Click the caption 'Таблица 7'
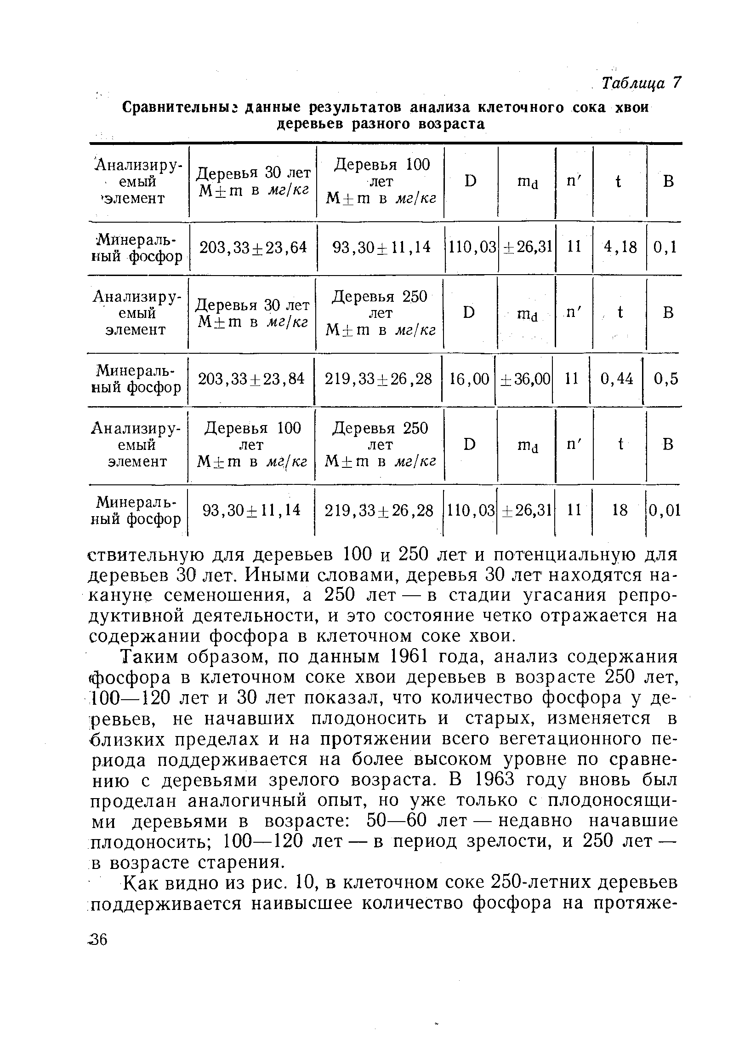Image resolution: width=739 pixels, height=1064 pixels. [641, 83]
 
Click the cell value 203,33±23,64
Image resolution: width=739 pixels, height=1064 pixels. [253, 247]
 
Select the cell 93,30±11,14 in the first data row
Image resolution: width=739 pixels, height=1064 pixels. [381, 247]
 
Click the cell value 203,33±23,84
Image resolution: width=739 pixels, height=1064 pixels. [251, 379]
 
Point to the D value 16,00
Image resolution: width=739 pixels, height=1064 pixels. [469, 379]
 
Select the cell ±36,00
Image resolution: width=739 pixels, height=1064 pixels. [525, 379]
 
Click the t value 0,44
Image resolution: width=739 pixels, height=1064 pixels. [617, 379]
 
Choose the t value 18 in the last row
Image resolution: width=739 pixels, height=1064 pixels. [620, 510]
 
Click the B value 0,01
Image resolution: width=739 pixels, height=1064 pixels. [665, 510]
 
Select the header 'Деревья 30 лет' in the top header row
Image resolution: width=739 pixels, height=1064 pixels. [253, 173]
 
